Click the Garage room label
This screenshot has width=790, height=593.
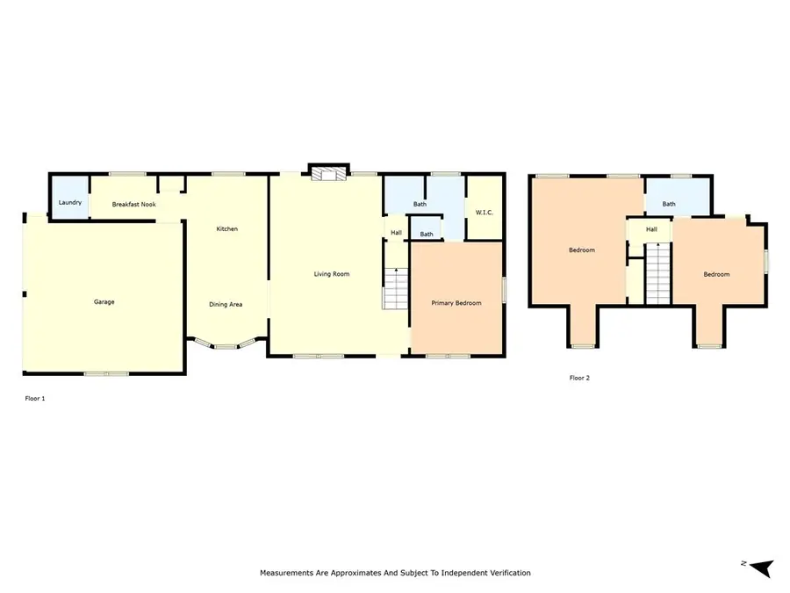click(x=104, y=302)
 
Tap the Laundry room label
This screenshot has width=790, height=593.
click(x=70, y=203)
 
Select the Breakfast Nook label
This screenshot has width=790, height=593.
click(x=133, y=204)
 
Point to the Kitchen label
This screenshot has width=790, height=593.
click(x=227, y=229)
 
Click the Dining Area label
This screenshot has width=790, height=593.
click(x=226, y=305)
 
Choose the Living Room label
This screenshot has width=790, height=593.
click(x=332, y=274)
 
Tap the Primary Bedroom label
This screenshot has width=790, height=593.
click(x=456, y=303)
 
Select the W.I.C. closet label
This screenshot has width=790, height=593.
click(x=485, y=212)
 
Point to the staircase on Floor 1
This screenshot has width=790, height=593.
click(x=395, y=287)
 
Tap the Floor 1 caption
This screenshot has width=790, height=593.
click(x=34, y=399)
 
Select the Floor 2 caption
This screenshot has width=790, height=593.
click(x=579, y=378)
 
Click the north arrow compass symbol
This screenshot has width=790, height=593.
click(x=760, y=567)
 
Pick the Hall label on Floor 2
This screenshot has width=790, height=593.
click(x=651, y=230)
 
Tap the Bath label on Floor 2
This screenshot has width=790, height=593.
click(x=669, y=204)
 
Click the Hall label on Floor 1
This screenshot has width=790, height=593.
click(x=396, y=233)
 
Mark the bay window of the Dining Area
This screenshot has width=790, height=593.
click(x=226, y=345)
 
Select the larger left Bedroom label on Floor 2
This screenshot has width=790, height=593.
click(x=581, y=250)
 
